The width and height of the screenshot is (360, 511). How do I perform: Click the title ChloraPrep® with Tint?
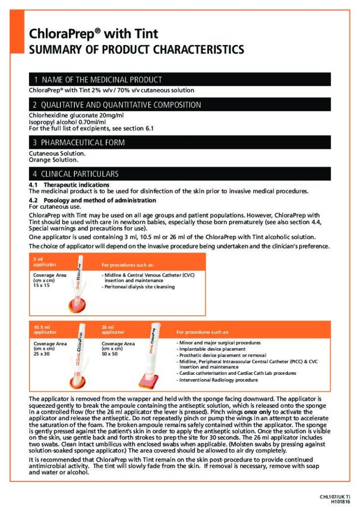tap(93, 34)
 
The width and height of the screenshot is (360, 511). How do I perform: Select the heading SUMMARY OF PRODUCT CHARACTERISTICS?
tap(136, 50)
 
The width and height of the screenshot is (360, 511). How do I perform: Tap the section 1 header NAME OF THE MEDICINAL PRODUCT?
tap(98, 80)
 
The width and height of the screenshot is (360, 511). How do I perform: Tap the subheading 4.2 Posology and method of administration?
tap(92, 200)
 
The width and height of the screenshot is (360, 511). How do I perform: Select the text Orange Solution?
tap(53, 160)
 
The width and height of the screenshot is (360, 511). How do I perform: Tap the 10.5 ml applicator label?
tap(44, 329)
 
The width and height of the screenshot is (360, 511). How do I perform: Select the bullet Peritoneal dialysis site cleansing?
tap(139, 287)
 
